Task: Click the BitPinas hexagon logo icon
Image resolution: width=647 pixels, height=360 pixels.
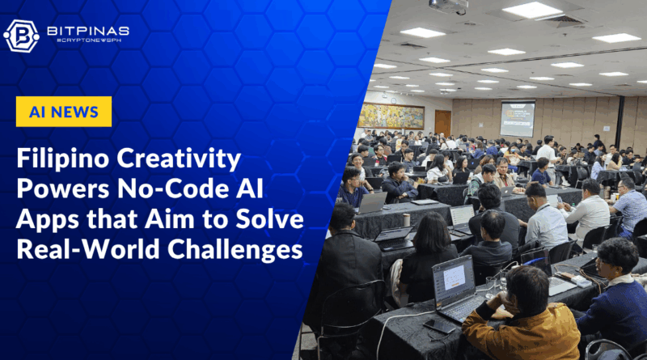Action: coord(22,36)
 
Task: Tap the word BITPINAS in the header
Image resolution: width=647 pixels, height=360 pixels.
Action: coord(88,31)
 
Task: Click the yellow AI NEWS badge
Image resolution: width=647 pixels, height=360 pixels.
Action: coord(64,112)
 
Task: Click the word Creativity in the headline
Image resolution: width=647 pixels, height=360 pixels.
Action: coord(179,159)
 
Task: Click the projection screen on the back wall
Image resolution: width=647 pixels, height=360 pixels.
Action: coord(518,118)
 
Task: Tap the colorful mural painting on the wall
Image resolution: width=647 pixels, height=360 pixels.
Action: coord(391,116)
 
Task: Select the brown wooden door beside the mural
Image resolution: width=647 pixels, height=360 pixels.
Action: coord(442,123)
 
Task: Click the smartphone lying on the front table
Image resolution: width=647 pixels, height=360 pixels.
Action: coord(439,326)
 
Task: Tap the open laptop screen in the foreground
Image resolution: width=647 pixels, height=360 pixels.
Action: coord(454,281)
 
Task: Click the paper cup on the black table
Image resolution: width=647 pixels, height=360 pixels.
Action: coord(407,219)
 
